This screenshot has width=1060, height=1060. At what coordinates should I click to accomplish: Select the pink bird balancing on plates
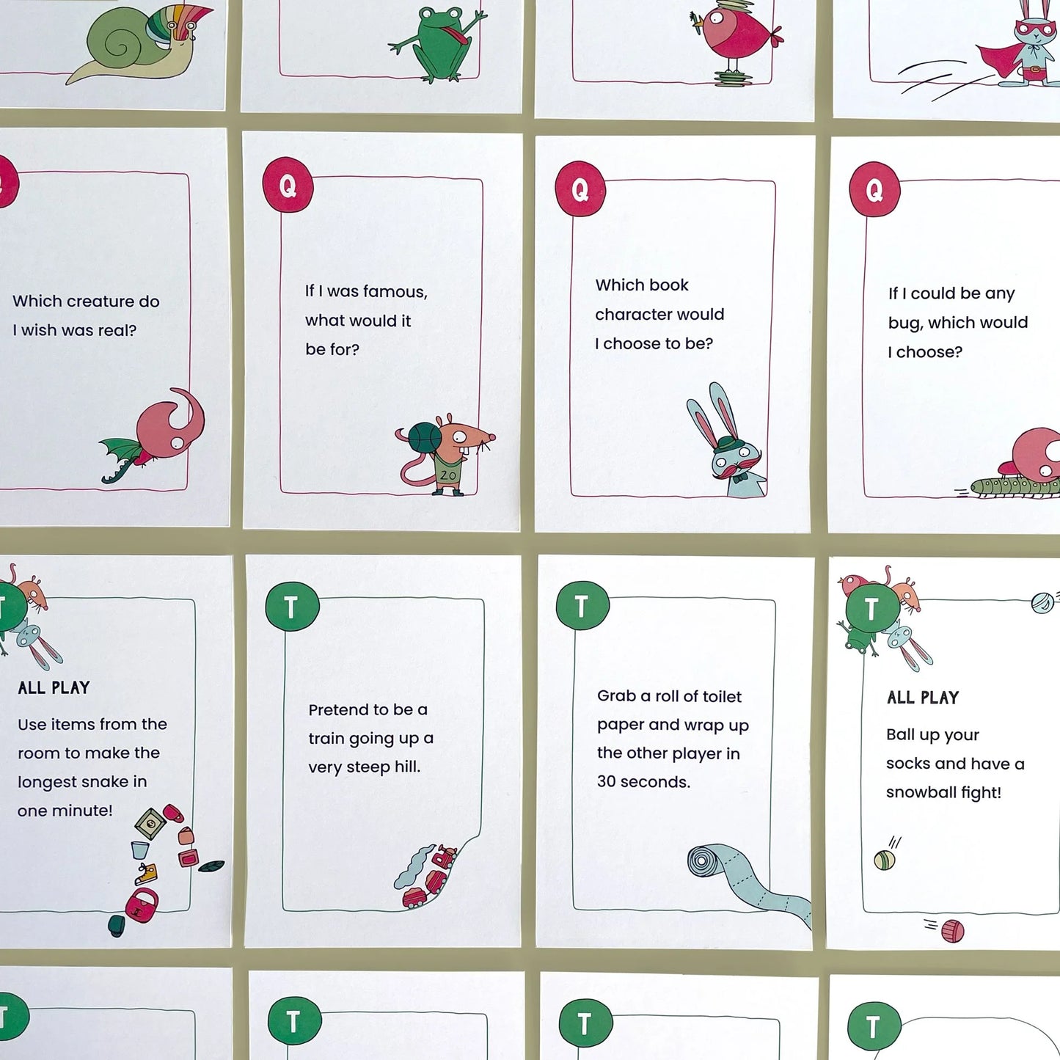point(737,40)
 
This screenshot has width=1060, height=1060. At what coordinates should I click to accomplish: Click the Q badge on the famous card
point(288,186)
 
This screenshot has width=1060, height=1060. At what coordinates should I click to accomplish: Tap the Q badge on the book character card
point(580,189)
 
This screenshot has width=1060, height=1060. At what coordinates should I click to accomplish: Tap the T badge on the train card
point(291,606)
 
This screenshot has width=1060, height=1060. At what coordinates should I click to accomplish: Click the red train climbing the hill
point(433,877)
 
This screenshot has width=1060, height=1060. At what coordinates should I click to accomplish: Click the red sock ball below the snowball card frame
point(952,931)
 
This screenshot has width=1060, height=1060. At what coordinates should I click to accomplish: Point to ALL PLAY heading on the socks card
point(922,698)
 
